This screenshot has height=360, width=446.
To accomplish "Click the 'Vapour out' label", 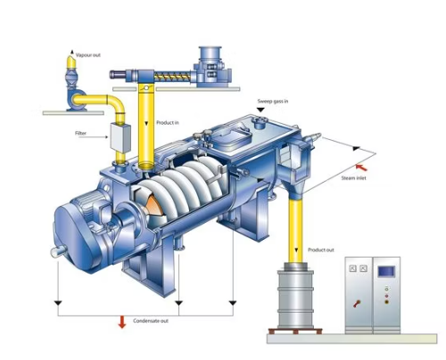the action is click(88, 55).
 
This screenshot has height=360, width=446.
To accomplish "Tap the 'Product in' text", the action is click(168, 122).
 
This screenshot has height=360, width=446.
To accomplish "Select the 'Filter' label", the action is click(80, 133).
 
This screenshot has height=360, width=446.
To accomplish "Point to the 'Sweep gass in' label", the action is click(273, 102).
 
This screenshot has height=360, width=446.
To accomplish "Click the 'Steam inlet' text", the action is click(353, 178).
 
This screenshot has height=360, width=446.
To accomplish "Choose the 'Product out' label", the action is click(321, 250).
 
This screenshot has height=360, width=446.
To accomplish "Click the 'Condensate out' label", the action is click(151, 321).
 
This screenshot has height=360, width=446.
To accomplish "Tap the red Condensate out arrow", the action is click(122, 323).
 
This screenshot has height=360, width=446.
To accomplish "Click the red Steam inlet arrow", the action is click(361, 168).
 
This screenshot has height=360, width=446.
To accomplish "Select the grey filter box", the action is click(120, 137).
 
